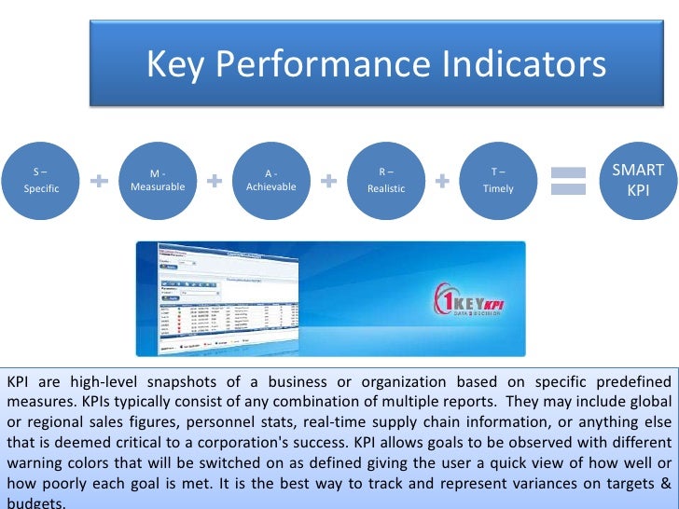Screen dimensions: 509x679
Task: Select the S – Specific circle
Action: (x=41, y=180)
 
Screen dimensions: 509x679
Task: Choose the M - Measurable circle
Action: (x=158, y=180)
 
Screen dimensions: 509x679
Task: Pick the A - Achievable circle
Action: (x=270, y=180)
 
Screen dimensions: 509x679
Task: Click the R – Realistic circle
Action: (x=385, y=180)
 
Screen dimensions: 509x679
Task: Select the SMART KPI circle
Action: (x=637, y=179)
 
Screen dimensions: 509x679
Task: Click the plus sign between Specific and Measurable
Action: (x=100, y=180)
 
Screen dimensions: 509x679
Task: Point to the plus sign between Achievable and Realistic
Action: (x=328, y=180)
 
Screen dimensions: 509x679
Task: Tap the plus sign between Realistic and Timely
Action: (x=442, y=180)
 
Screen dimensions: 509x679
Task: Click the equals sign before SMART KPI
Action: (x=567, y=180)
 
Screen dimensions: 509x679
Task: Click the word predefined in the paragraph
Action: (x=631, y=383)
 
